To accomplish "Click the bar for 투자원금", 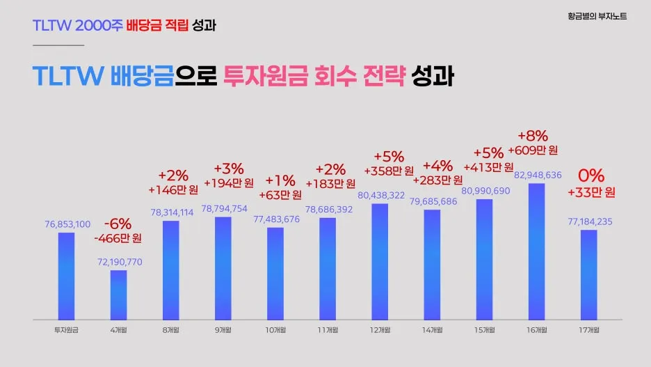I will (66, 275).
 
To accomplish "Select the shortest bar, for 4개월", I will (118, 294).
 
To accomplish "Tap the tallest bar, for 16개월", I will (536, 251).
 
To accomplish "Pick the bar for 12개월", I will (380, 261).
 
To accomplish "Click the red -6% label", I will (118, 224).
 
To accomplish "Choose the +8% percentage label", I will (533, 135).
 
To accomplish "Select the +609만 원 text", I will (533, 150).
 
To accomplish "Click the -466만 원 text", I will (118, 238).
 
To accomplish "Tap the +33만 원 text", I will (591, 192).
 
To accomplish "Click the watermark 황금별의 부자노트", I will (596, 15).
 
